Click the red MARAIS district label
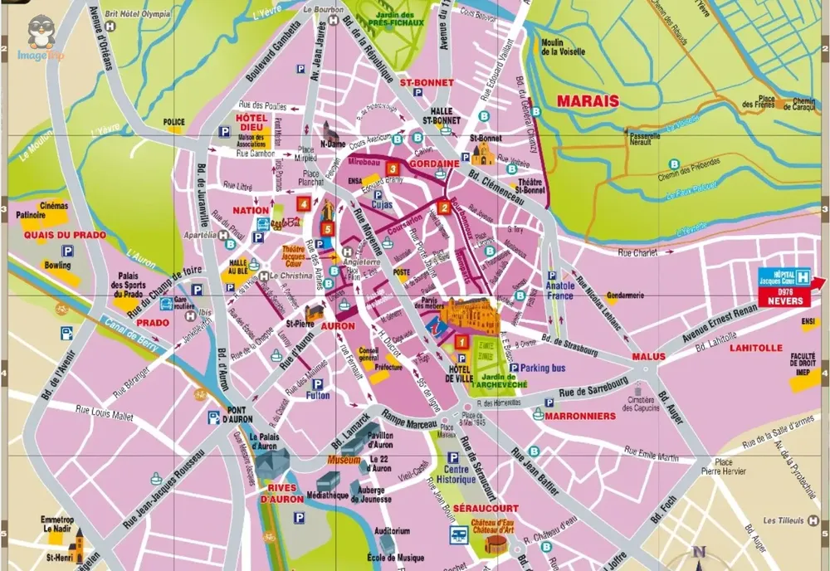tap(588, 101)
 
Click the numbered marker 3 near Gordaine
tap(393, 169)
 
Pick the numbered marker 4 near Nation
tap(305, 203)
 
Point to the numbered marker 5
tap(328, 229)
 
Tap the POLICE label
tap(174, 122)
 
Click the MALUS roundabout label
tap(648, 356)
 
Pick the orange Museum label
tap(344, 460)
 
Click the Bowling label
tap(58, 266)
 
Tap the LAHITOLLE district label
tap(756, 349)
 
